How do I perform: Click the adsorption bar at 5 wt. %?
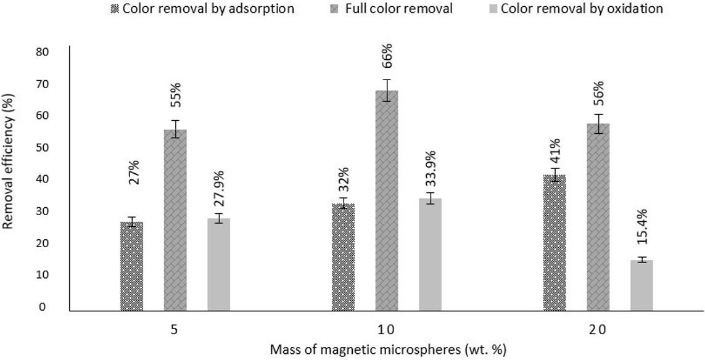pyautogui.click(x=132, y=266)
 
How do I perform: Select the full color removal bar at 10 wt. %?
pyautogui.click(x=387, y=200)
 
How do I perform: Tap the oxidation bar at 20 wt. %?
pyautogui.click(x=641, y=285)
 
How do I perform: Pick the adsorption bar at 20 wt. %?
pyautogui.click(x=555, y=243)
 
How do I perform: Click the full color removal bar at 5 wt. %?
pyautogui.click(x=175, y=220)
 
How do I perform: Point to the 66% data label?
pyautogui.click(x=387, y=55)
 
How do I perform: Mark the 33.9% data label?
pyautogui.click(x=431, y=170)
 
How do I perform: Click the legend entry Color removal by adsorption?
pyautogui.click(x=202, y=8)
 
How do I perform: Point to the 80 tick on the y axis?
pyautogui.click(x=43, y=52)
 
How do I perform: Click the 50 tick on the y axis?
pyautogui.click(x=43, y=147)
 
